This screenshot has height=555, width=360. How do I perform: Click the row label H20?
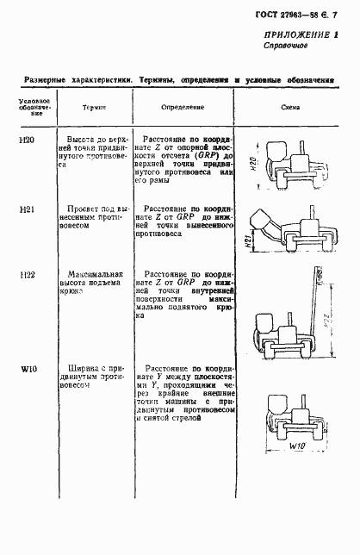27,138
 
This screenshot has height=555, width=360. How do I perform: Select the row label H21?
27,209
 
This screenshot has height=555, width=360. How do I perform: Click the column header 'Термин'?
93,107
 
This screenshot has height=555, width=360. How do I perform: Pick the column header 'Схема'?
289,107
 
